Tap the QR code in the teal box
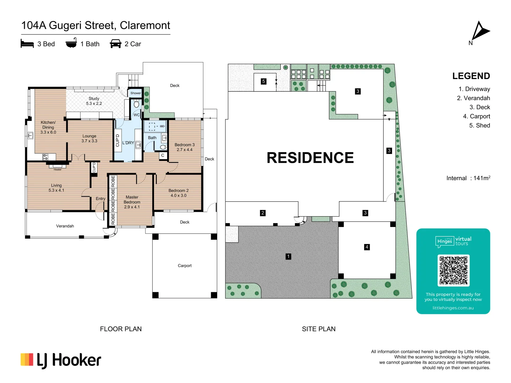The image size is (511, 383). (x=453, y=270)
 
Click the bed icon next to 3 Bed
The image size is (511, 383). (x=27, y=44)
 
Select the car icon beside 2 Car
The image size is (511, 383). (x=116, y=44)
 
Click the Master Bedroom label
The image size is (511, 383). (x=132, y=202)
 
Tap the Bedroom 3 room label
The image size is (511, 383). (x=185, y=147)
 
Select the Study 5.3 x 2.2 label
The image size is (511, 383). (x=94, y=101)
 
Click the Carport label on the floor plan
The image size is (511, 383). (x=185, y=266)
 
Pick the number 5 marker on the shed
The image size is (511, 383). (x=263, y=81)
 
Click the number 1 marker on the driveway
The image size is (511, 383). (x=289, y=256)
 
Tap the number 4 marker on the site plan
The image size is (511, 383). (x=367, y=247)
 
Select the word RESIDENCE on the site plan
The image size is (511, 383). (x=310, y=158)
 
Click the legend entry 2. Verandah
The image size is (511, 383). (x=473, y=98)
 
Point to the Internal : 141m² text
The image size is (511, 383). (x=468, y=178)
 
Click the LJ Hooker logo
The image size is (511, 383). (x=61, y=360)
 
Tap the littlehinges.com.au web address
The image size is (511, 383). (x=453, y=308)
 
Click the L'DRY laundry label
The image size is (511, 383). (x=128, y=143)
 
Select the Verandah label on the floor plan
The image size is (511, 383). (x=65, y=226)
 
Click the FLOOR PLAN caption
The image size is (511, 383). (x=121, y=329)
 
